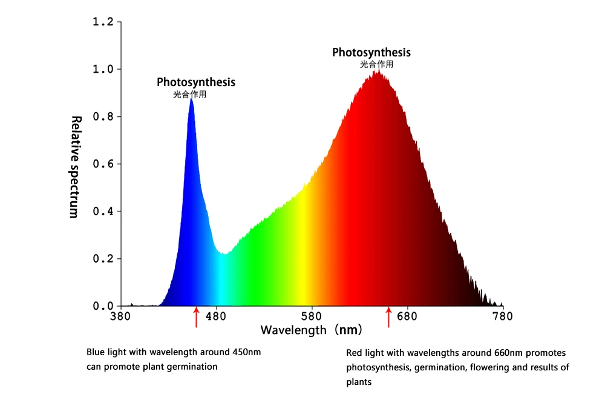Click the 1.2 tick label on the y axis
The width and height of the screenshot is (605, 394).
tap(103, 22)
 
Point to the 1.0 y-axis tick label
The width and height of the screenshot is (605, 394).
tap(103, 69)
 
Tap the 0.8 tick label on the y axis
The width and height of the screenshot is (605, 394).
tap(103, 116)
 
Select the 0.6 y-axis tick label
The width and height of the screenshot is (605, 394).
tap(103, 164)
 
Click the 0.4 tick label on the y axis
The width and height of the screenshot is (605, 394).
tap(103, 211)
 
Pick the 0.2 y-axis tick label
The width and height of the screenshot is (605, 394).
tap(103, 259)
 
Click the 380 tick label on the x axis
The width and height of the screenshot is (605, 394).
tap(120, 316)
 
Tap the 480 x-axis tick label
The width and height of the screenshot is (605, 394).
tap(216, 316)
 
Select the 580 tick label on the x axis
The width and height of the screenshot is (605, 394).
tap(312, 316)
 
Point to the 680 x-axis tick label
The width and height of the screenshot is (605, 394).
tap(407, 316)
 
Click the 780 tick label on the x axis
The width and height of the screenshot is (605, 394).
tap(503, 316)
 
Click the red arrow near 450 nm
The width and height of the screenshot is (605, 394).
tap(197, 318)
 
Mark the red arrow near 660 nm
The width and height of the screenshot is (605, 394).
tap(388, 318)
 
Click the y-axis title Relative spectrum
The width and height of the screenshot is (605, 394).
tap(75, 167)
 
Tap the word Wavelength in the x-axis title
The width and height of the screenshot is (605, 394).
tap(293, 330)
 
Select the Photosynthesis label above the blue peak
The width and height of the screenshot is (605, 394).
tap(196, 82)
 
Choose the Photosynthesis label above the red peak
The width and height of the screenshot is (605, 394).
tap(371, 52)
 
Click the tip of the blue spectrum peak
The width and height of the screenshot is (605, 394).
tap(191, 98)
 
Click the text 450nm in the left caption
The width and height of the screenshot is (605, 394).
tap(247, 352)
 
